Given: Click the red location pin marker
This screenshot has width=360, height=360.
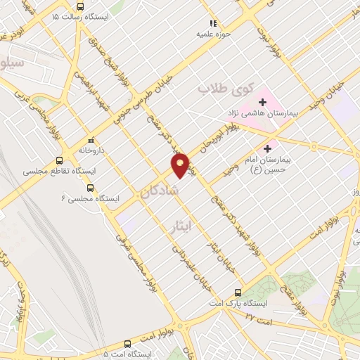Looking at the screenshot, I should point(181,165).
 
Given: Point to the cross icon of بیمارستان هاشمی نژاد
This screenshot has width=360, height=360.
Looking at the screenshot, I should point(263,102).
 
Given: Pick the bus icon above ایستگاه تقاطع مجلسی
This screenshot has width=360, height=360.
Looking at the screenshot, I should point(60,160).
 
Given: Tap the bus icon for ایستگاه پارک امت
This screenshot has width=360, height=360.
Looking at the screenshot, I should point(238,292).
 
